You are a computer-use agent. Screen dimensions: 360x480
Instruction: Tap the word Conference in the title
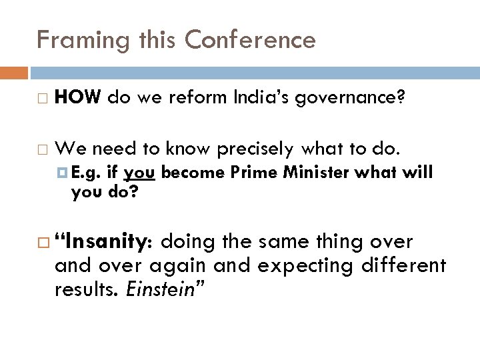click(250, 40)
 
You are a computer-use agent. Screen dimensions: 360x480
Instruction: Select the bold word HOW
click(77, 98)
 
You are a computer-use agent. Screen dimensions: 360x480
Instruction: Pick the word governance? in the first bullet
click(352, 99)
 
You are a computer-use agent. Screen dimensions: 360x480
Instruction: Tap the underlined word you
click(140, 173)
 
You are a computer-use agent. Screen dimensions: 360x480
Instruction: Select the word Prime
click(255, 172)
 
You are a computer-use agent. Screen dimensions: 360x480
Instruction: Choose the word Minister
click(315, 172)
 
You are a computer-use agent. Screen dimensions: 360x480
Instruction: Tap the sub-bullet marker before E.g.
click(63, 173)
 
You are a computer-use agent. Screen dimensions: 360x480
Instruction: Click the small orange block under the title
click(14, 72)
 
